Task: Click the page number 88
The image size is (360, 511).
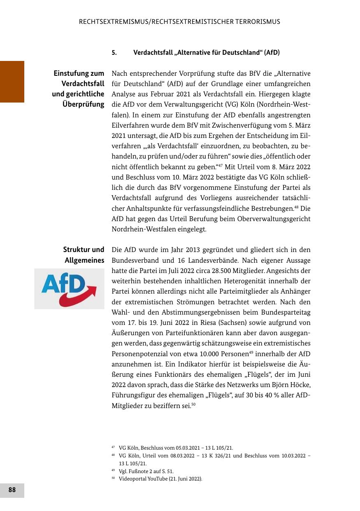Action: (12, 490)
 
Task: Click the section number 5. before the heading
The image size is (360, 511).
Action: (114, 53)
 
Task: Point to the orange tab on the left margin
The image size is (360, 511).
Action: (12, 82)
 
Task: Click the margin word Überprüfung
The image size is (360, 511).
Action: (83, 104)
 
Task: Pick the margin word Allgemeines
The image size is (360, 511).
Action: (84, 261)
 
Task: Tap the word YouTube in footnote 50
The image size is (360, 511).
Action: (157, 479)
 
